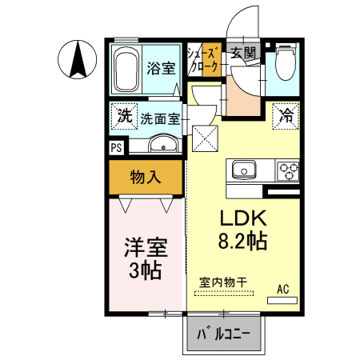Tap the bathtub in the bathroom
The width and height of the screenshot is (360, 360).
(x=126, y=70)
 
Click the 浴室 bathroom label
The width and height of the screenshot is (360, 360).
(x=161, y=69)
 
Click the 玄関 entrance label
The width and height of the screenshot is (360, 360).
(x=243, y=54)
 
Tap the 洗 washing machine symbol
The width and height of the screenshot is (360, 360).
(x=124, y=115)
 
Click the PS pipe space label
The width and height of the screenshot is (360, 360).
(x=117, y=147)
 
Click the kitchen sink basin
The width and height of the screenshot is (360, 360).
(x=243, y=170)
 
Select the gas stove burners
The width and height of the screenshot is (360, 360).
(x=287, y=170)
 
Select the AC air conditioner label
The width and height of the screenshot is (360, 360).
(x=282, y=288)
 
